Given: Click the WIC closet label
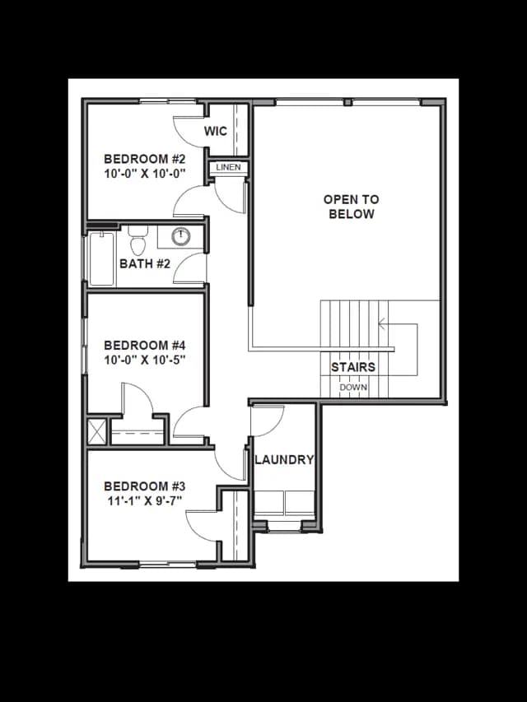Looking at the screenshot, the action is [216, 131].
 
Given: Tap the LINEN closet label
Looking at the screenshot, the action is [229, 167].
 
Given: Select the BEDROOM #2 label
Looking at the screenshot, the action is [145, 159].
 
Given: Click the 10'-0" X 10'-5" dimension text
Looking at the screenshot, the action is [145, 360].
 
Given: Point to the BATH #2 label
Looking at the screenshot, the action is [145, 263].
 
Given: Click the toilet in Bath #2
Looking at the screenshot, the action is [138, 240].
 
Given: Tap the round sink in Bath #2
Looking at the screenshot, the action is [180, 236].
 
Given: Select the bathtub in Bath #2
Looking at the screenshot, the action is [102, 258].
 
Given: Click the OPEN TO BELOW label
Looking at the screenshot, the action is [352, 207].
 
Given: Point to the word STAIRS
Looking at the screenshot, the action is [353, 367].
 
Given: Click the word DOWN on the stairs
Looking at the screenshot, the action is [353, 388].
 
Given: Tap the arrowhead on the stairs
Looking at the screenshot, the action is [381, 323].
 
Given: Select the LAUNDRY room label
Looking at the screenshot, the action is [284, 460].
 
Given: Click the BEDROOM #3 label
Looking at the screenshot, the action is [145, 486].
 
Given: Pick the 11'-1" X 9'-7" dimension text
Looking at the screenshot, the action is [145, 500].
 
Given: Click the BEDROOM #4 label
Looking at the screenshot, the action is [145, 345].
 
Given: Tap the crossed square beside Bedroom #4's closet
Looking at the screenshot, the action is [97, 431].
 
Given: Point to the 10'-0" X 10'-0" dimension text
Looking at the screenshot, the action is [145, 174].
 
